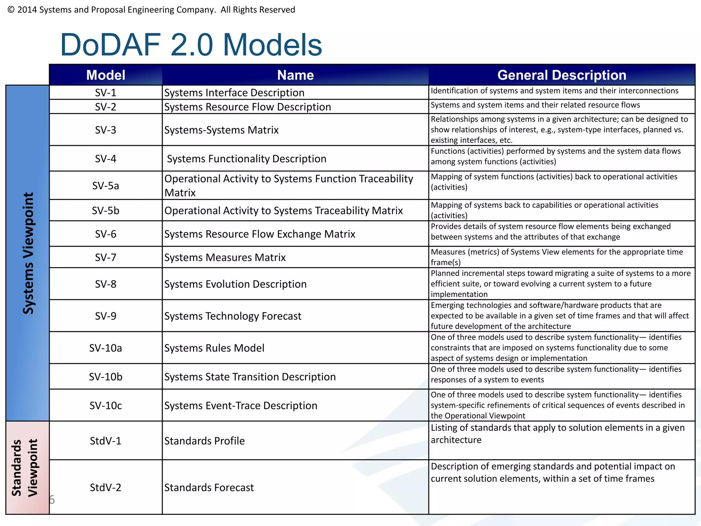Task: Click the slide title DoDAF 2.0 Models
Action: pyautogui.click(x=191, y=45)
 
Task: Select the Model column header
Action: pyautogui.click(x=105, y=75)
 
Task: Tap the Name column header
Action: pyautogui.click(x=295, y=75)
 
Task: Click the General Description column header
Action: pyautogui.click(x=561, y=75)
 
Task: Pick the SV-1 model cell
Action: pyautogui.click(x=105, y=93)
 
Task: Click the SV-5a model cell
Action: pyautogui.click(x=105, y=186)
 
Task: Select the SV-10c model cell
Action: pyautogui.click(x=105, y=405)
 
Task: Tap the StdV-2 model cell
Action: pyautogui.click(x=105, y=487)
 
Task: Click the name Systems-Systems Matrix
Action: pyautogui.click(x=221, y=130)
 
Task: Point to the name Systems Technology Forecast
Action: pyautogui.click(x=233, y=316)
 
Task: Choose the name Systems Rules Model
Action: pyautogui.click(x=214, y=348)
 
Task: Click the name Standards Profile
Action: pyautogui.click(x=204, y=441)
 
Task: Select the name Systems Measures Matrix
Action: pyautogui.click(x=225, y=258)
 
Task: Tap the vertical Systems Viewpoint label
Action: pyautogui.click(x=28, y=253)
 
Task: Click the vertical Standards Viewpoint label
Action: pyautogui.click(x=25, y=468)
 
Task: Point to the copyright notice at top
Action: pyautogui.click(x=151, y=10)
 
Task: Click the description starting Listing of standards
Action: pyautogui.click(x=557, y=434)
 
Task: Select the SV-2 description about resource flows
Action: pyautogui.click(x=535, y=105)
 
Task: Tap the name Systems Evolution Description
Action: pyautogui.click(x=235, y=284)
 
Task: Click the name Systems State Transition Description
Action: pyautogui.click(x=250, y=377)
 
